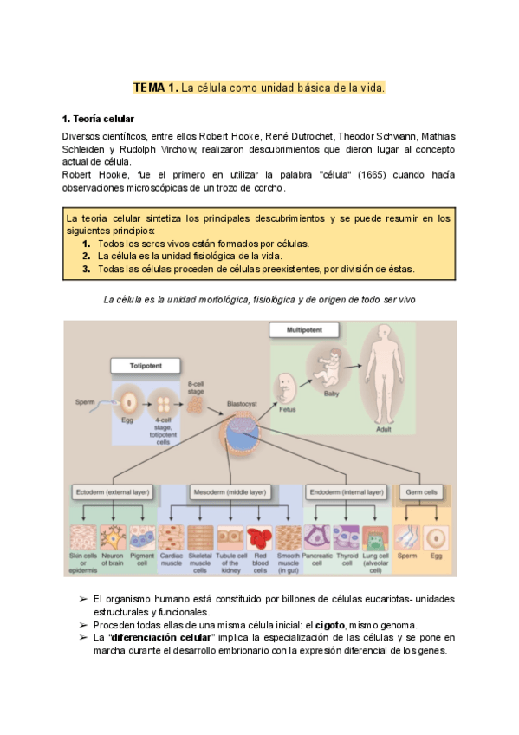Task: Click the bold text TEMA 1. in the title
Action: pos(154,88)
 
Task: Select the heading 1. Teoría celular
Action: pos(98,118)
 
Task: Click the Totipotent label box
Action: pos(146,366)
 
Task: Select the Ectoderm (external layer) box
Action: pos(113,492)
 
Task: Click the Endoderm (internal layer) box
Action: pos(345,492)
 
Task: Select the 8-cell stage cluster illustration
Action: pos(196,403)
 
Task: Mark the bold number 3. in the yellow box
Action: pos(87,269)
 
